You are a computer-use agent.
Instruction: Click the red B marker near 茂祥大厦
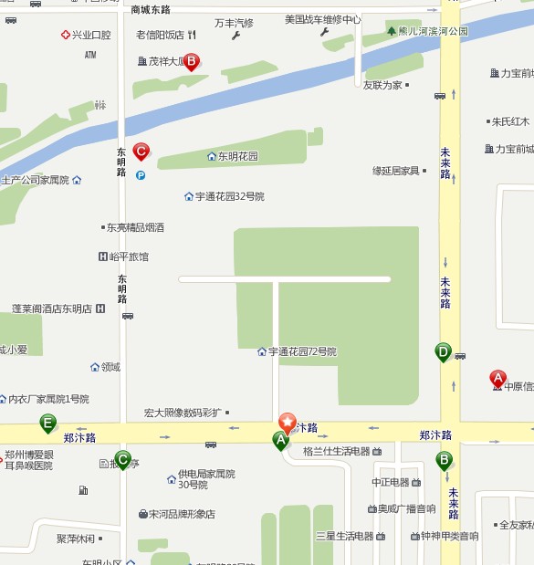point(192,62)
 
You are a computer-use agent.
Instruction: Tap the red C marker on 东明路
point(141,151)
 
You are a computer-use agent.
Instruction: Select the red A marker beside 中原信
point(498,377)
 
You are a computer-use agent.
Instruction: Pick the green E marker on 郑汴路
point(47,423)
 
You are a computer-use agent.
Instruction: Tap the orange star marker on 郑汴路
point(288,423)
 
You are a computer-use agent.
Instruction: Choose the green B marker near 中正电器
point(445,459)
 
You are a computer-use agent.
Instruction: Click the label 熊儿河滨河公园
point(432,31)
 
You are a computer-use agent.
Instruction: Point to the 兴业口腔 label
point(91,35)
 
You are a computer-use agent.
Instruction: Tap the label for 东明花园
point(237,156)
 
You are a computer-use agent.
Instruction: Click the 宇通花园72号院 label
point(302,351)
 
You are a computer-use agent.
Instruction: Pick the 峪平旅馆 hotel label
point(129,256)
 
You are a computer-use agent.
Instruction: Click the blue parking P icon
point(141,175)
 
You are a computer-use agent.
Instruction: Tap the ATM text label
point(90,55)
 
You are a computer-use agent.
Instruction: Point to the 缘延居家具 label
point(395,171)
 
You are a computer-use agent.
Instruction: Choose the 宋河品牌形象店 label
point(182,514)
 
